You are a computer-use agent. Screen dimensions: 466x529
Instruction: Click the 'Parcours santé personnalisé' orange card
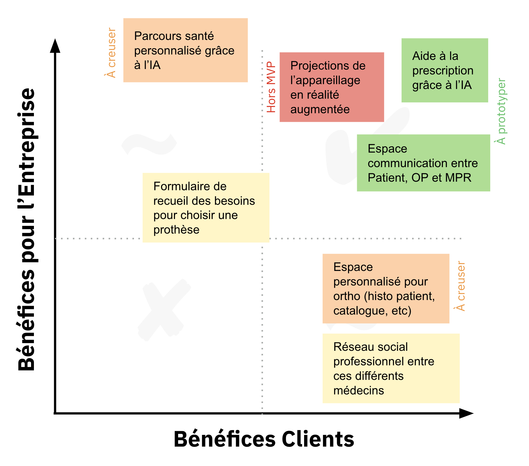coord(185,50)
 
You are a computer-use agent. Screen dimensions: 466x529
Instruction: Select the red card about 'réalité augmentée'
coord(331,87)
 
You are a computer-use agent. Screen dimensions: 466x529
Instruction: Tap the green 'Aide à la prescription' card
coord(444,70)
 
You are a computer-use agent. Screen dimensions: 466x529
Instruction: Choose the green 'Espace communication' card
coord(423,163)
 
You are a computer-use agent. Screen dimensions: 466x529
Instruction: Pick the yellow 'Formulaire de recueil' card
coord(206,208)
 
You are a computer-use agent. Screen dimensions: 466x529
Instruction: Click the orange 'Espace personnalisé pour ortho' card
coord(386,288)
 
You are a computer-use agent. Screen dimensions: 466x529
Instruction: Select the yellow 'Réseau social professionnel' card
coord(391,368)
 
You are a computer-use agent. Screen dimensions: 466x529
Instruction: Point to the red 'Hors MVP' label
coord(271,87)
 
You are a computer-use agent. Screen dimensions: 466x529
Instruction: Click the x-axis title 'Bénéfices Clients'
coord(264,439)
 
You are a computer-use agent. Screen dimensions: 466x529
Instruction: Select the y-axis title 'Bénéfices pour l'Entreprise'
coord(26,230)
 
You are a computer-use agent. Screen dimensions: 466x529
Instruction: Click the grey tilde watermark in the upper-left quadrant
coord(149,144)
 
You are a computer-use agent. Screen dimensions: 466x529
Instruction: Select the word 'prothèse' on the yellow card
coord(176,230)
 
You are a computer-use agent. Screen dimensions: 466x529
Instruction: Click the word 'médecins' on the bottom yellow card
coord(359,390)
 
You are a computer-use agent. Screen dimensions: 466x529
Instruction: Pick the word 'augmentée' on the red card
coord(320,110)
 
